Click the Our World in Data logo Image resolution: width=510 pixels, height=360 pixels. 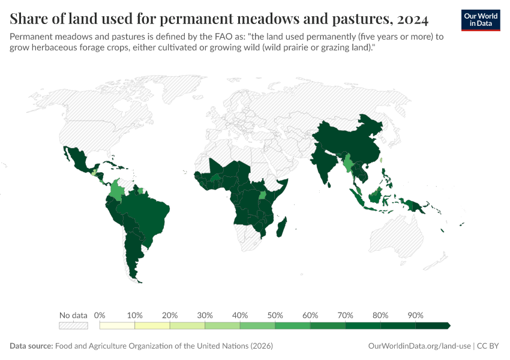pos(481,20)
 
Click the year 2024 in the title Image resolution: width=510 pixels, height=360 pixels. pos(412,19)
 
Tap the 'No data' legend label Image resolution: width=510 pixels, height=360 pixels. pos(73,315)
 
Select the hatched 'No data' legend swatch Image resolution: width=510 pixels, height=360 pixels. pos(73,326)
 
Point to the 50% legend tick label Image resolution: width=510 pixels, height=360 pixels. pos(275,315)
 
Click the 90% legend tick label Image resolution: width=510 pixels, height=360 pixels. pos(415,315)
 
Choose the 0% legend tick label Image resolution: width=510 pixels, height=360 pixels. pos(100,315)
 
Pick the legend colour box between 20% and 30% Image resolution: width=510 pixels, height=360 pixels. pos(187,326)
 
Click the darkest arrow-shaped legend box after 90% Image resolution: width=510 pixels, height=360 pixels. pos(432,326)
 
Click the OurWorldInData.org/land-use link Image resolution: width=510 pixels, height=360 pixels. pos(419,346)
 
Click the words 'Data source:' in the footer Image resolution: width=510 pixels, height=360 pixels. pos(31,346)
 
